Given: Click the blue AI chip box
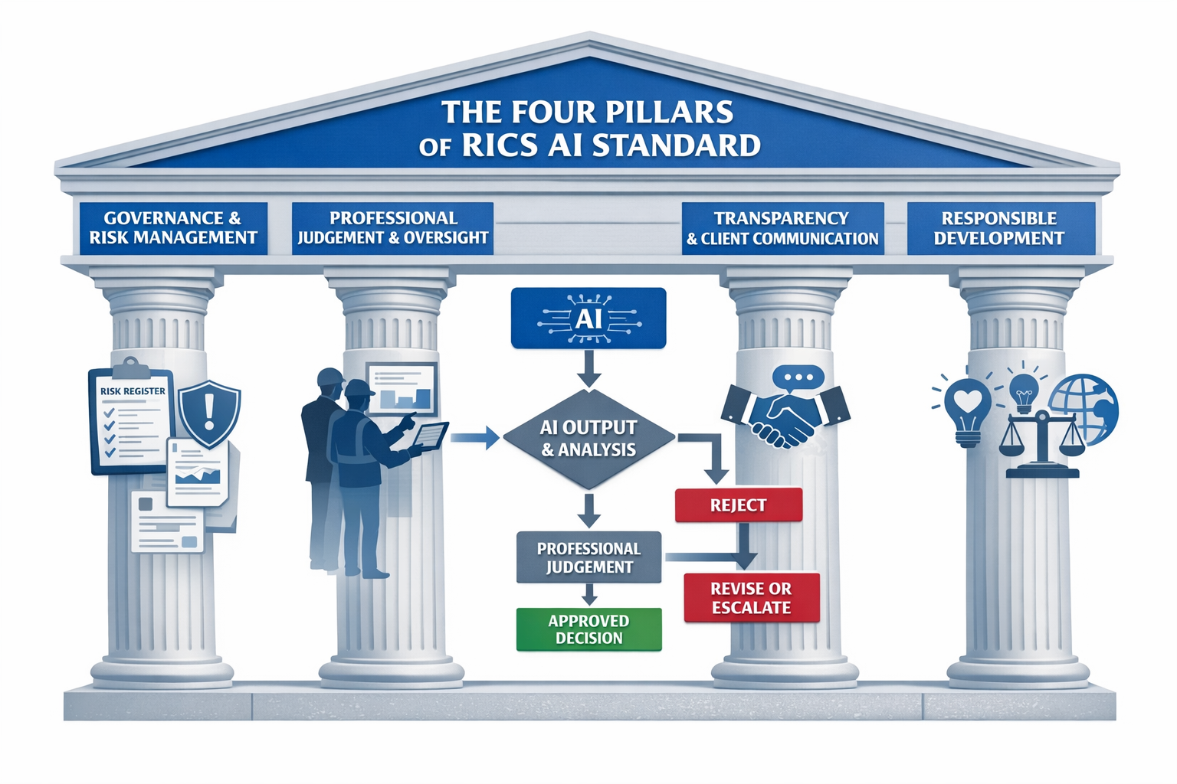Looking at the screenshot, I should pos(588,318).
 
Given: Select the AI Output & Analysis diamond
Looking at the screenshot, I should pos(588,439).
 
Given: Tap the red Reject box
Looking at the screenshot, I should pos(738,505).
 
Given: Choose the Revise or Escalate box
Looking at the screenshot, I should pos(751,598).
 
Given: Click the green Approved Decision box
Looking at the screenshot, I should pos(588,629).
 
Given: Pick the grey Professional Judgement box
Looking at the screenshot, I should pos(588,557).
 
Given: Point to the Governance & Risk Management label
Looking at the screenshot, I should pos(173,228).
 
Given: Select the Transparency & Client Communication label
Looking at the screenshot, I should pos(782,228).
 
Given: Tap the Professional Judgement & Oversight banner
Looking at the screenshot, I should pos(392,228).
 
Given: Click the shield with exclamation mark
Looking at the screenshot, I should pos(209,413).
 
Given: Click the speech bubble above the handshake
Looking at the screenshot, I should pos(798,377).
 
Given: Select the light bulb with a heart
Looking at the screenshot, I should pos(968,410).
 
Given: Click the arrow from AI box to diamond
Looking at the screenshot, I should pos(588,367).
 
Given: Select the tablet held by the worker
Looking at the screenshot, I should pos(431,436).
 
